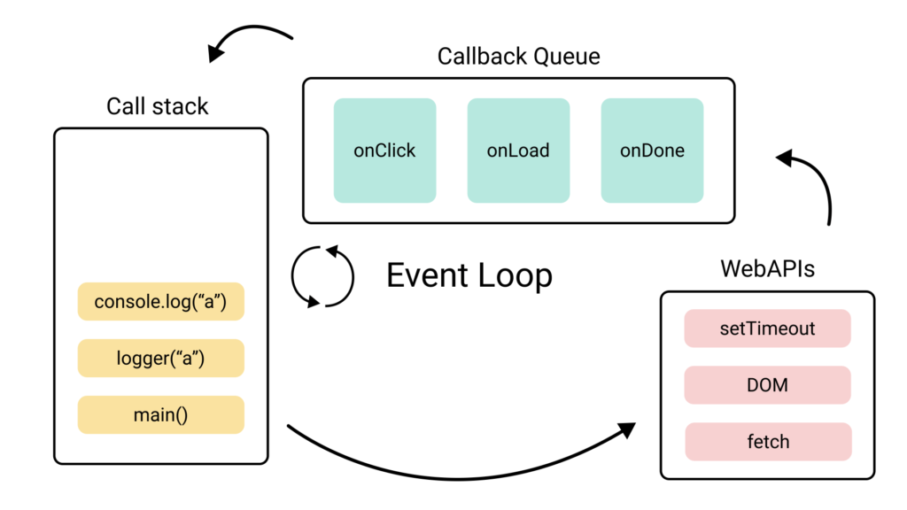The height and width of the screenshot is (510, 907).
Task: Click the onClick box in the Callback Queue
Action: coord(384,150)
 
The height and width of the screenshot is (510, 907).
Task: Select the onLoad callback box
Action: coord(518,150)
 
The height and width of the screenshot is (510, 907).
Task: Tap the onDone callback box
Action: coord(652,150)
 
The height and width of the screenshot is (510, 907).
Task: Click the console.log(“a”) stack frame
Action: coord(160,302)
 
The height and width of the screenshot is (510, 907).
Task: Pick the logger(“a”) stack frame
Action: coord(160,358)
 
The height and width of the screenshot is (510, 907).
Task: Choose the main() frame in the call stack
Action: coord(160,414)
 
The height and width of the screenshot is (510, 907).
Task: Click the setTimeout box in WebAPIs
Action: coord(767,328)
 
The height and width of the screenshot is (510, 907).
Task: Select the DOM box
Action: coord(767,385)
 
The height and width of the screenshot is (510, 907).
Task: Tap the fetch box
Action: coord(767,441)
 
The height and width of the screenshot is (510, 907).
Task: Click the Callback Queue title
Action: coord(518,57)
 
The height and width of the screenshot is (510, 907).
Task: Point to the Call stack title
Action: coord(158,106)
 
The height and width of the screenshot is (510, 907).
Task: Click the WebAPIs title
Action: coord(767,267)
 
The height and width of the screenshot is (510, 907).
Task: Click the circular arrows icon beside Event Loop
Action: coord(322,276)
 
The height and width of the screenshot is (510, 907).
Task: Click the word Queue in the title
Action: coord(566,57)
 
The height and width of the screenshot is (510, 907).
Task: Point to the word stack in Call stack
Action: coord(180,106)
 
